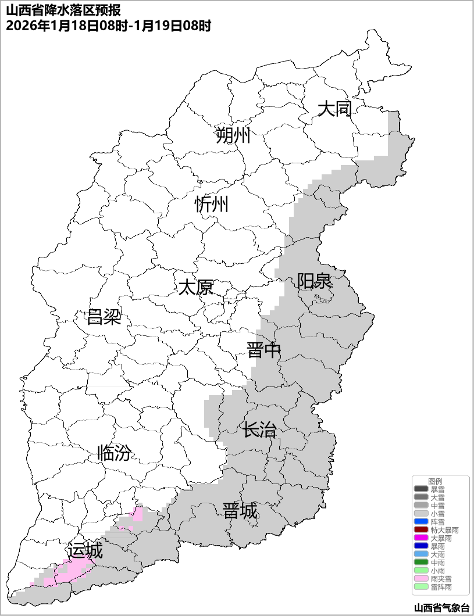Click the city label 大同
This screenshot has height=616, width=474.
tap(334, 109)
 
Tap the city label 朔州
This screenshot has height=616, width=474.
tap(233, 136)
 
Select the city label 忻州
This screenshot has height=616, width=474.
tap(212, 205)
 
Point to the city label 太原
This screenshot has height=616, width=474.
tap(195, 287)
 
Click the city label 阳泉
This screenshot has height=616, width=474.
tap(314, 281)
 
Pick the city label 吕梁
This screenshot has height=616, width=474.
tap(104, 317)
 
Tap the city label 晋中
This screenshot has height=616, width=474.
tap(263, 350)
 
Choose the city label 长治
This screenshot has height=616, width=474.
tap(259, 431)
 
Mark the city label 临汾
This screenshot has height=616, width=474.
tap(114, 453)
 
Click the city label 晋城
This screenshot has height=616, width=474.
tap(240, 511)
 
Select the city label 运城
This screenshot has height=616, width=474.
tap(85, 550)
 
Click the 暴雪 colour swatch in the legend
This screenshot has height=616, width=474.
tap(420, 489)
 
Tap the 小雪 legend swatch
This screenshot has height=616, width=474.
tap(420, 514)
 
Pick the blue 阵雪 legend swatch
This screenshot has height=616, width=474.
tap(420, 522)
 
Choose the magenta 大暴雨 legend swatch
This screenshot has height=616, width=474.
tap(420, 538)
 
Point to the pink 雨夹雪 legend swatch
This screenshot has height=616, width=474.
tap(420, 579)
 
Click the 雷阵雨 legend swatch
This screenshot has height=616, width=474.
tap(420, 587)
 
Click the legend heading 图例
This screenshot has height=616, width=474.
tap(435, 481)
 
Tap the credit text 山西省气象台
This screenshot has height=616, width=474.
tap(441, 608)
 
